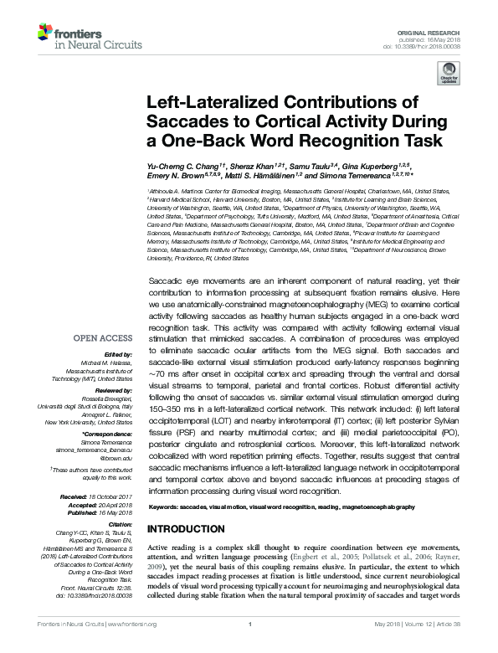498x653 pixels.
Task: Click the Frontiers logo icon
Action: click(45, 32)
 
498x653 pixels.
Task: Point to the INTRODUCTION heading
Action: click(185, 530)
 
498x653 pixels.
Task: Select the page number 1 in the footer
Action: click(249, 646)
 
